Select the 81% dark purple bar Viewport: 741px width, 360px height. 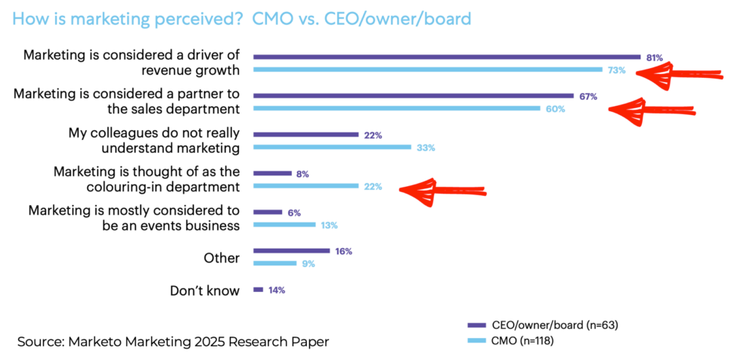(x=447, y=57)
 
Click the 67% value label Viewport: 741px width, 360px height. (x=588, y=97)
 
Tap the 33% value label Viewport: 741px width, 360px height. (x=426, y=147)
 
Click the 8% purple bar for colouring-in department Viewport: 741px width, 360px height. (x=272, y=173)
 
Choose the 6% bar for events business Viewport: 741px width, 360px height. (x=268, y=213)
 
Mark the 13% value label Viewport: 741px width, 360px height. (x=327, y=225)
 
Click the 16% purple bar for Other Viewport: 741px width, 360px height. (x=291, y=251)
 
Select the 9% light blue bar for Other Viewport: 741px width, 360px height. (x=274, y=263)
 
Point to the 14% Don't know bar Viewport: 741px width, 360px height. (x=258, y=290)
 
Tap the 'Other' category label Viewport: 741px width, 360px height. (x=222, y=258)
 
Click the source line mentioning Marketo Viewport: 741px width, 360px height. (x=173, y=341)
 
